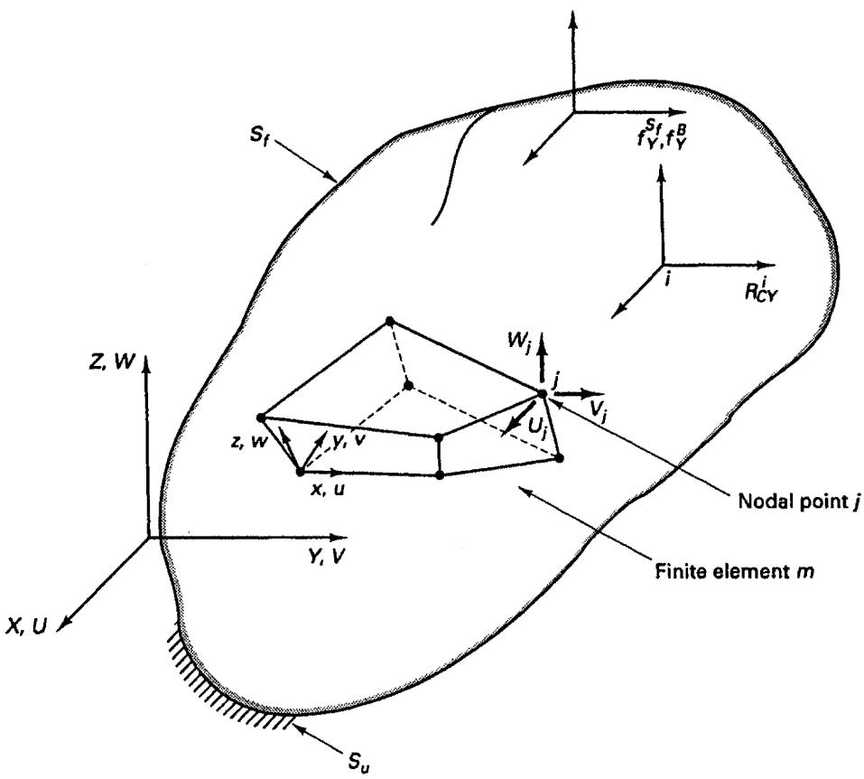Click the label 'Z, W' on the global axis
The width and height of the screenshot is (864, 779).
pyautogui.click(x=111, y=362)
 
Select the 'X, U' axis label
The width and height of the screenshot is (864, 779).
pyautogui.click(x=27, y=625)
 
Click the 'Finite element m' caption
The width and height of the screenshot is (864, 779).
pyautogui.click(x=735, y=571)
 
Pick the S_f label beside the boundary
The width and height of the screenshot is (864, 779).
pyautogui.click(x=259, y=136)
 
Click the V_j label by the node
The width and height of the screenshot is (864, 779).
pyautogui.click(x=599, y=411)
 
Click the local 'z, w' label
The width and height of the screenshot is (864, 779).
pyautogui.click(x=249, y=441)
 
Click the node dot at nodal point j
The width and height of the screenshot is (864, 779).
pyautogui.click(x=542, y=393)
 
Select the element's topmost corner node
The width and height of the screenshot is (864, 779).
pyautogui.click(x=390, y=321)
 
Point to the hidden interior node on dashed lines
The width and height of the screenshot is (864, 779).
pyautogui.click(x=408, y=386)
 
